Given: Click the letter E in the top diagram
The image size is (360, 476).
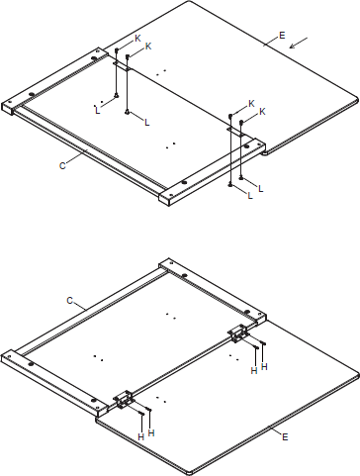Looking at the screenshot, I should tap(282, 36).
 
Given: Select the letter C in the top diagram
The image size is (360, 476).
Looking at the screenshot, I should tap(62, 165).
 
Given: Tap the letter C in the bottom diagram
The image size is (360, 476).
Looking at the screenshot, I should tap(70, 298).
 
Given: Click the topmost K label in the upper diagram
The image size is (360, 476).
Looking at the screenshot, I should tap(137, 38).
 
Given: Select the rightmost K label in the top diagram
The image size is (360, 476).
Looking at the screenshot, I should tap(262, 113).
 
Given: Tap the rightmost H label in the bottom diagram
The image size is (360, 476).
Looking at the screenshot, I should tap(264, 367).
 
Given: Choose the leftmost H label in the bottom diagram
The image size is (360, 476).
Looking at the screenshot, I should tap(140, 436).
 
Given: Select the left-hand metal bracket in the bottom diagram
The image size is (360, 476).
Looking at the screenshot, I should tap(125, 399).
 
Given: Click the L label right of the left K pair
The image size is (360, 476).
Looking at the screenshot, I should tap(146, 122).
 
